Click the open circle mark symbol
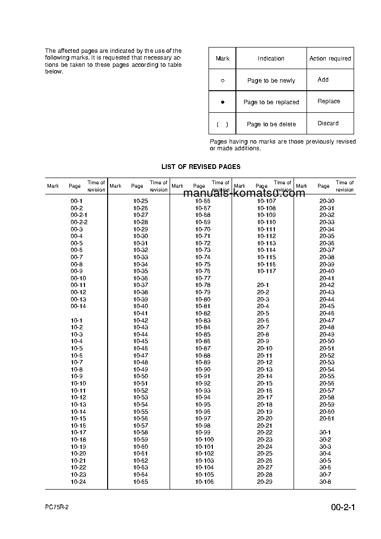(222, 81)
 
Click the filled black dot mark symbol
(222, 102)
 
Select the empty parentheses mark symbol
(222, 124)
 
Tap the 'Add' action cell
(323, 80)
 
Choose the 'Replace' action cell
(329, 101)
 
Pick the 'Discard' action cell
(328, 123)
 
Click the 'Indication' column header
(271, 59)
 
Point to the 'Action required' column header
(330, 59)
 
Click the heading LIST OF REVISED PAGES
(201, 167)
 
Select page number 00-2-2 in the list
(79, 222)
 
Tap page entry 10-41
(140, 313)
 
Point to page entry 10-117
(266, 271)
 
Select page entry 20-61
(327, 419)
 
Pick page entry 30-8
(325, 482)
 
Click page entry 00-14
(78, 306)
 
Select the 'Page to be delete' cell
(271, 124)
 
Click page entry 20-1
(263, 285)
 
